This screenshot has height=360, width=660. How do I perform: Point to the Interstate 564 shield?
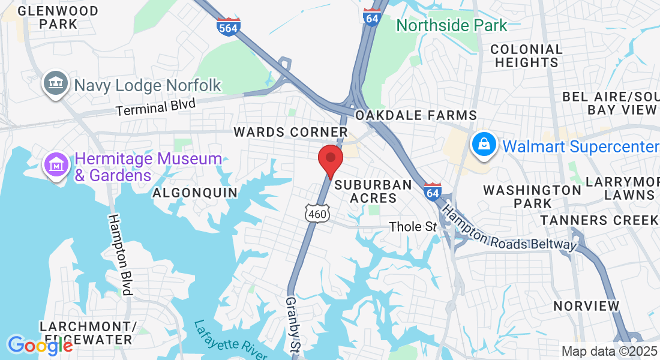[x=229, y=27]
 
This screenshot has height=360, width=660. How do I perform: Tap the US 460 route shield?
[x=317, y=213]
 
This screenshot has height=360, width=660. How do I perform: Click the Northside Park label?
[x=451, y=25]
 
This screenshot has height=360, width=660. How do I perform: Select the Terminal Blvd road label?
[x=156, y=107]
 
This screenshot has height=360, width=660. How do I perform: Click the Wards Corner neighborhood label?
[x=290, y=132]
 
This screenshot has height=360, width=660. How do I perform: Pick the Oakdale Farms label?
[x=416, y=115]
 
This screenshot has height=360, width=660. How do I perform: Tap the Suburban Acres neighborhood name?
[x=373, y=191]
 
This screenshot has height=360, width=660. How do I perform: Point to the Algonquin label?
[x=195, y=193]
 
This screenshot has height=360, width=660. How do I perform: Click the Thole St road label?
[x=413, y=227]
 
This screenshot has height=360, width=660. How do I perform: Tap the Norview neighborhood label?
[x=586, y=306]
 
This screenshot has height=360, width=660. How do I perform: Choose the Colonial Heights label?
[x=527, y=55]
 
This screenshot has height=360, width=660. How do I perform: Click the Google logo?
[x=40, y=345]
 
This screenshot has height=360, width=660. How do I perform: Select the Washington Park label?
[x=532, y=196]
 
